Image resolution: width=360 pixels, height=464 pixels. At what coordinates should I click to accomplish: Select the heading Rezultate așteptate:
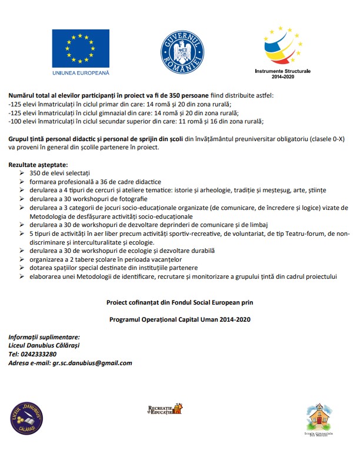38,165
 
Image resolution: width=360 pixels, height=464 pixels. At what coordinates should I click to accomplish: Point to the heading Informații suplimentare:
44,336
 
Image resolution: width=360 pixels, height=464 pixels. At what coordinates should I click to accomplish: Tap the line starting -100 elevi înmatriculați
136,122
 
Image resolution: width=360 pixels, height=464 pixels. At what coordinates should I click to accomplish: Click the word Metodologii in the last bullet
89,276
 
